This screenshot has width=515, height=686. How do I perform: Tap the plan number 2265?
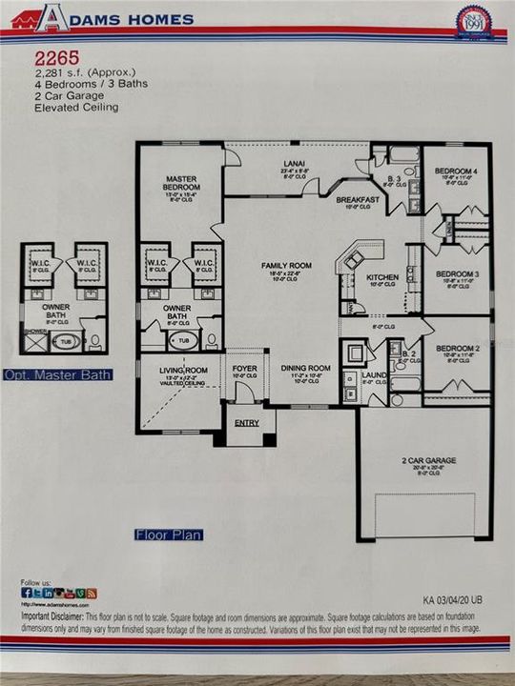point(51,58)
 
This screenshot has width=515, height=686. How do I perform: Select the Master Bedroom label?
point(180,182)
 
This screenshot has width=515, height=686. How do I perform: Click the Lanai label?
point(293,163)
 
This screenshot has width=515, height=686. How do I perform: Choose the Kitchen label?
point(381,277)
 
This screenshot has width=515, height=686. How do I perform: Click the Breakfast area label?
point(359,199)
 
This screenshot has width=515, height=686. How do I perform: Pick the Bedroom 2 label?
point(454,350)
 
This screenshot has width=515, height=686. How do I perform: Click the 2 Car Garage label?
point(427,460)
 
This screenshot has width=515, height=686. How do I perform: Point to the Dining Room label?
point(305,368)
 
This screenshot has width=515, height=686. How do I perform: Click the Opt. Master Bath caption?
point(58,374)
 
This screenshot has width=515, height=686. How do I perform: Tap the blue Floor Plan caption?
point(169,535)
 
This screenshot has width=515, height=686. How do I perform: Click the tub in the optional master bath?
point(65,340)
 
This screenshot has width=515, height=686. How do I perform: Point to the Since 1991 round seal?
point(473,21)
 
